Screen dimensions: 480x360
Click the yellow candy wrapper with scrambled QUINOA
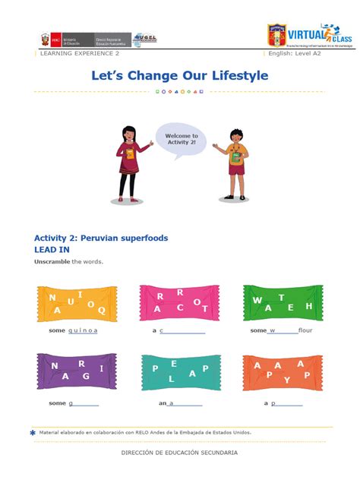77,303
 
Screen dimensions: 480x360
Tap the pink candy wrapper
179,303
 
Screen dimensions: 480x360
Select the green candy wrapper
282,303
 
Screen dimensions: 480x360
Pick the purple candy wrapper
77,371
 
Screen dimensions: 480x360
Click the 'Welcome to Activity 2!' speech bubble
181,141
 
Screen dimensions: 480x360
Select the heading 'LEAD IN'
52,249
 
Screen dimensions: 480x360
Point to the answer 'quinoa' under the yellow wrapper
83,330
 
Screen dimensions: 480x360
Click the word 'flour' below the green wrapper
305,330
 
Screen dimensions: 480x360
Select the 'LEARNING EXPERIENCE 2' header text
79,54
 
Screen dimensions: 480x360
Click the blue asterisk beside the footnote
33,432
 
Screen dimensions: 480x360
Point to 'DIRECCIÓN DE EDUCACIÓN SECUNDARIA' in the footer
179,453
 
